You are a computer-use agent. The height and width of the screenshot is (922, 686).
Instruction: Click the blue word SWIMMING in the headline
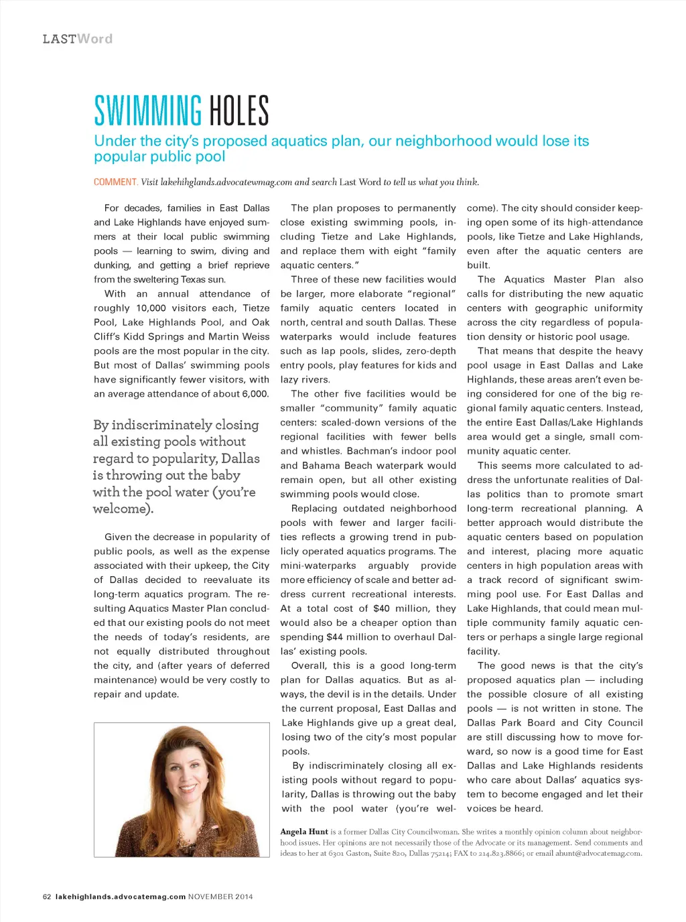tap(147, 111)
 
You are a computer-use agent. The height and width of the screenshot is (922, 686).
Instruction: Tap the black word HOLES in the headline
tap(239, 111)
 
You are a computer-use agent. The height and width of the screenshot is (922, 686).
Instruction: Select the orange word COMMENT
tap(115, 182)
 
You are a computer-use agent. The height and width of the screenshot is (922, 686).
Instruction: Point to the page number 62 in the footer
tap(47, 897)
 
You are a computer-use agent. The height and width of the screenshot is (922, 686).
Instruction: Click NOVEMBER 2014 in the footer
tap(220, 897)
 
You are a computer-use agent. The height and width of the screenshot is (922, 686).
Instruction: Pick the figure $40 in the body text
tap(381, 608)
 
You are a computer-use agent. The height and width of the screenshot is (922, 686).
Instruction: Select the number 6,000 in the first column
tap(255, 394)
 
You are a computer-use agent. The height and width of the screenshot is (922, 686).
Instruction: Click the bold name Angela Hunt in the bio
tap(304, 832)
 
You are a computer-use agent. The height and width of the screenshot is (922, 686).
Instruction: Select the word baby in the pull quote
tap(225, 475)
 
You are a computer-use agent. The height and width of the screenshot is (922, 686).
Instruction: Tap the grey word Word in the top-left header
tap(94, 39)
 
